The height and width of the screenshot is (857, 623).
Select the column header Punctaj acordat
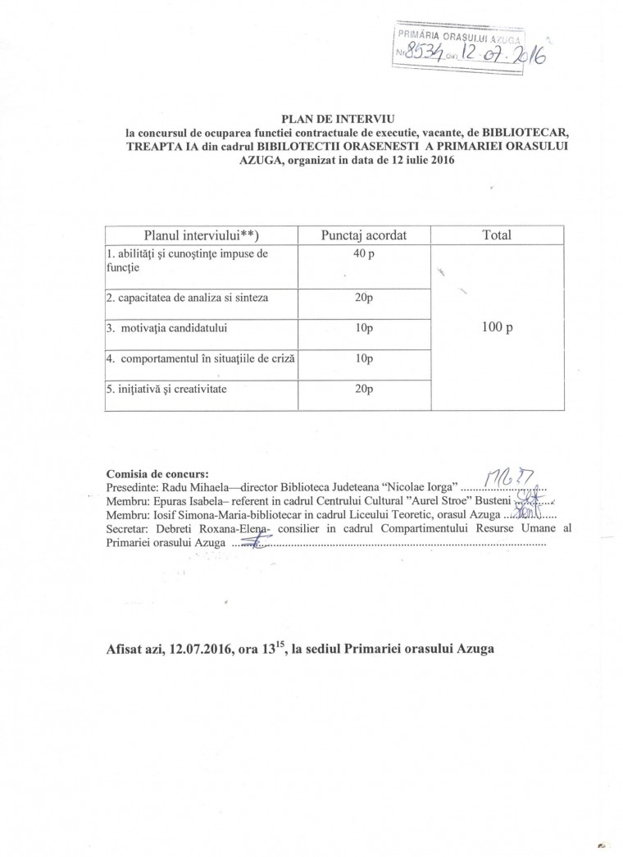[x=364, y=235]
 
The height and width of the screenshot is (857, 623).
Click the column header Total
[x=498, y=235]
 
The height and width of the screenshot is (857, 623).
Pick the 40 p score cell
[x=364, y=254]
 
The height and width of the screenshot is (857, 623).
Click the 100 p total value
[x=498, y=327]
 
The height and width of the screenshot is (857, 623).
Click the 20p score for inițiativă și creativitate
[x=364, y=390]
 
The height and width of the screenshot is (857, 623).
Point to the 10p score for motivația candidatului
[x=364, y=328]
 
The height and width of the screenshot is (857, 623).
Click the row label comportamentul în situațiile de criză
[x=200, y=358]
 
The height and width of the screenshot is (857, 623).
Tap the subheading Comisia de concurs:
[x=157, y=473]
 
